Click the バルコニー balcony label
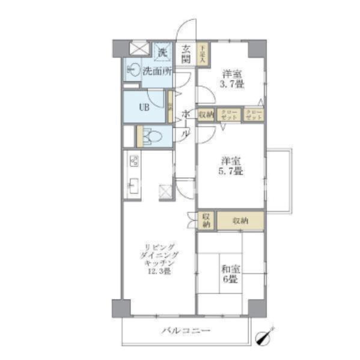(185, 331)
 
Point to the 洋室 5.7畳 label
(231, 166)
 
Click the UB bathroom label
(144, 108)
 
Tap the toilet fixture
(152, 136)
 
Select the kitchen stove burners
(134, 161)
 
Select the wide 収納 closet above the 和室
(240, 221)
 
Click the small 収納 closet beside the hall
(206, 115)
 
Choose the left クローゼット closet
(228, 115)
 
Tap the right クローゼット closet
(253, 115)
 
